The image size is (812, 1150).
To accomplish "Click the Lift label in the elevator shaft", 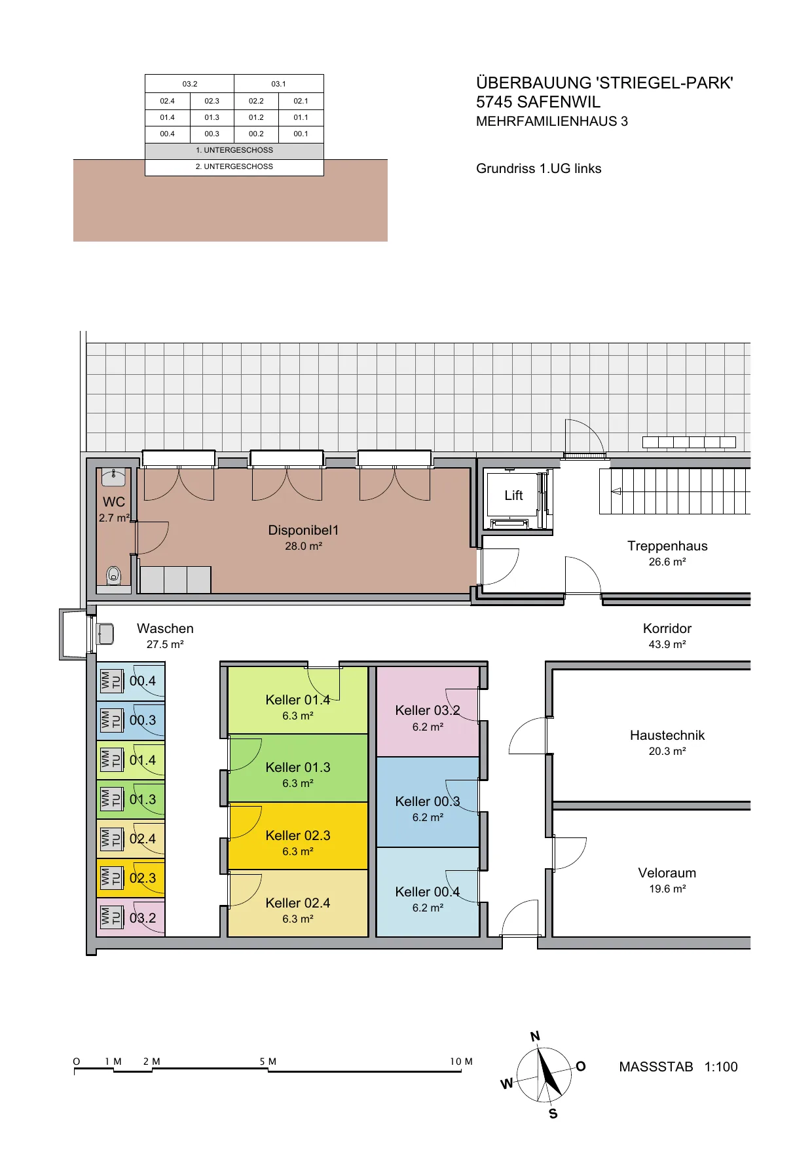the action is click(513, 495).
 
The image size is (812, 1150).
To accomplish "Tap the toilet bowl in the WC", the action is click(114, 576).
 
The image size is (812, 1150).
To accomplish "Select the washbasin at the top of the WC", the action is click(114, 477).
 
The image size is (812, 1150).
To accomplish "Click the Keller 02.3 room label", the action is click(298, 835).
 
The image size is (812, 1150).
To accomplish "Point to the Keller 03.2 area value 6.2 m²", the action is click(428, 727).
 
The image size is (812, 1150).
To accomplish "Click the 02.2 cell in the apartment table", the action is click(256, 101).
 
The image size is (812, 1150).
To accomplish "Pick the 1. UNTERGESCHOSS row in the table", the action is click(234, 150).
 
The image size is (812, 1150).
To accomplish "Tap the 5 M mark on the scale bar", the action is click(268, 1061).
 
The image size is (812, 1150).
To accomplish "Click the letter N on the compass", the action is click(535, 1036).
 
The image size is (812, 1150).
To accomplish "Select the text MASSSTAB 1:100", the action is click(678, 1067).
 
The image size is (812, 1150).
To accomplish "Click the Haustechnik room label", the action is click(667, 735).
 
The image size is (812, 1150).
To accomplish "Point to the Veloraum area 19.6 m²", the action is click(667, 889).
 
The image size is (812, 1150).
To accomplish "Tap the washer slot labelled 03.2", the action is click(131, 917).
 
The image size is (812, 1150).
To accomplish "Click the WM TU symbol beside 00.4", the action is click(111, 681).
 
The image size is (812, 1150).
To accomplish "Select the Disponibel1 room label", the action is click(303, 530).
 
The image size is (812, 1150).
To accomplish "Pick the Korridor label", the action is click(667, 628).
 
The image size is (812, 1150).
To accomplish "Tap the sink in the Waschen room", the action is click(105, 634).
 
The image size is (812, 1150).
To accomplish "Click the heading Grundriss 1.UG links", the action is click(539, 168).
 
